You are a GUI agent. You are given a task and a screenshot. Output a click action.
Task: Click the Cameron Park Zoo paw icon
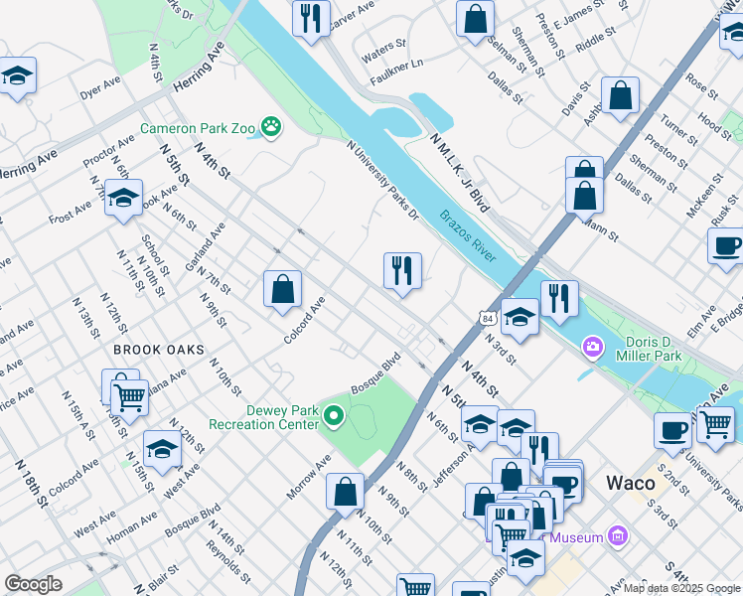click(270, 127)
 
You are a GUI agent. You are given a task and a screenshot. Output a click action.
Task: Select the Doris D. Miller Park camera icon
click(593, 346)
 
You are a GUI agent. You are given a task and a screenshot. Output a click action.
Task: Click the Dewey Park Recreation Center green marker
click(335, 417)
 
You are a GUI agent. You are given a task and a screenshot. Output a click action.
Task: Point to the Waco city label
click(631, 484)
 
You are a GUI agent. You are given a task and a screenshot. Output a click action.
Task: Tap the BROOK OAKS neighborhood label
click(158, 350)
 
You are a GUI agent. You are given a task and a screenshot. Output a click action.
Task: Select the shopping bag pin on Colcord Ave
click(283, 289)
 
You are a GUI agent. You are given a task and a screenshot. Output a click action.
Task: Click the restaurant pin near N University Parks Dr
click(402, 270)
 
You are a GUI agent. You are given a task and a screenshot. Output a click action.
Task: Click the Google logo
click(34, 583)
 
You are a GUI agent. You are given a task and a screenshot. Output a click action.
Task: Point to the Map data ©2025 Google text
click(680, 588)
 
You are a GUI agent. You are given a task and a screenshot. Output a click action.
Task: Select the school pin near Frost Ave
click(124, 199)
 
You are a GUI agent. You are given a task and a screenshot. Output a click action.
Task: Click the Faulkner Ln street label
click(396, 64)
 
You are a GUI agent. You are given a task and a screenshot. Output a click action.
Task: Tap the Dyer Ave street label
click(100, 90)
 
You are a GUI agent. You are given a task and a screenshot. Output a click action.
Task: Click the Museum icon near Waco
click(619, 537)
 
